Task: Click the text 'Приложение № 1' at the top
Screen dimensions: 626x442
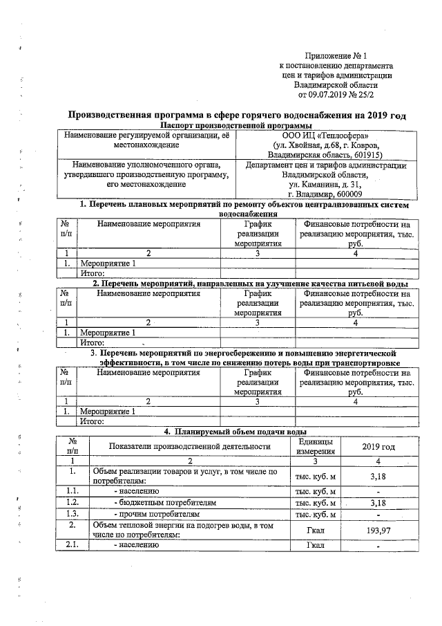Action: coord(333,55)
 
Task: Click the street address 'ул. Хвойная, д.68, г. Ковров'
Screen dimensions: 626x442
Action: coord(325,146)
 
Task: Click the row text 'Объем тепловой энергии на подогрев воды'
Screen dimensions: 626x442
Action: coord(181,527)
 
